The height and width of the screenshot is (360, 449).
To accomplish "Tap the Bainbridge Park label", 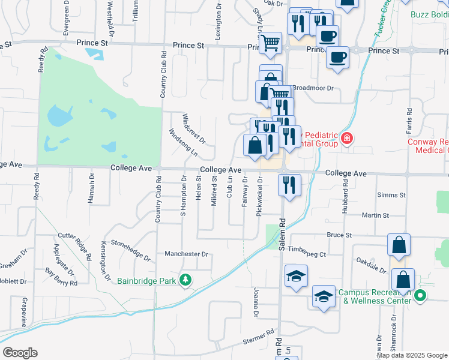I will [148, 280].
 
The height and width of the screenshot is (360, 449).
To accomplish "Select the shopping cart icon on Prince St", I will [271, 43].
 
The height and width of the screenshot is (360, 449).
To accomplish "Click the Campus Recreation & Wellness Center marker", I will [421, 295].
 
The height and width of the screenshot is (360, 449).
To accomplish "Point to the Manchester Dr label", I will [186, 254].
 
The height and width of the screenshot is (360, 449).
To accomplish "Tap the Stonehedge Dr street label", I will [130, 250].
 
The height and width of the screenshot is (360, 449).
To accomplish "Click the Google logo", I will [20, 353].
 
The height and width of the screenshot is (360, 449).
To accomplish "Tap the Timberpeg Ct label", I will [306, 254].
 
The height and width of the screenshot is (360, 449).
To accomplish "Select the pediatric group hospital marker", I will [346, 139].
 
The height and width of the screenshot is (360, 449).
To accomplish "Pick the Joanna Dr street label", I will [255, 303].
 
